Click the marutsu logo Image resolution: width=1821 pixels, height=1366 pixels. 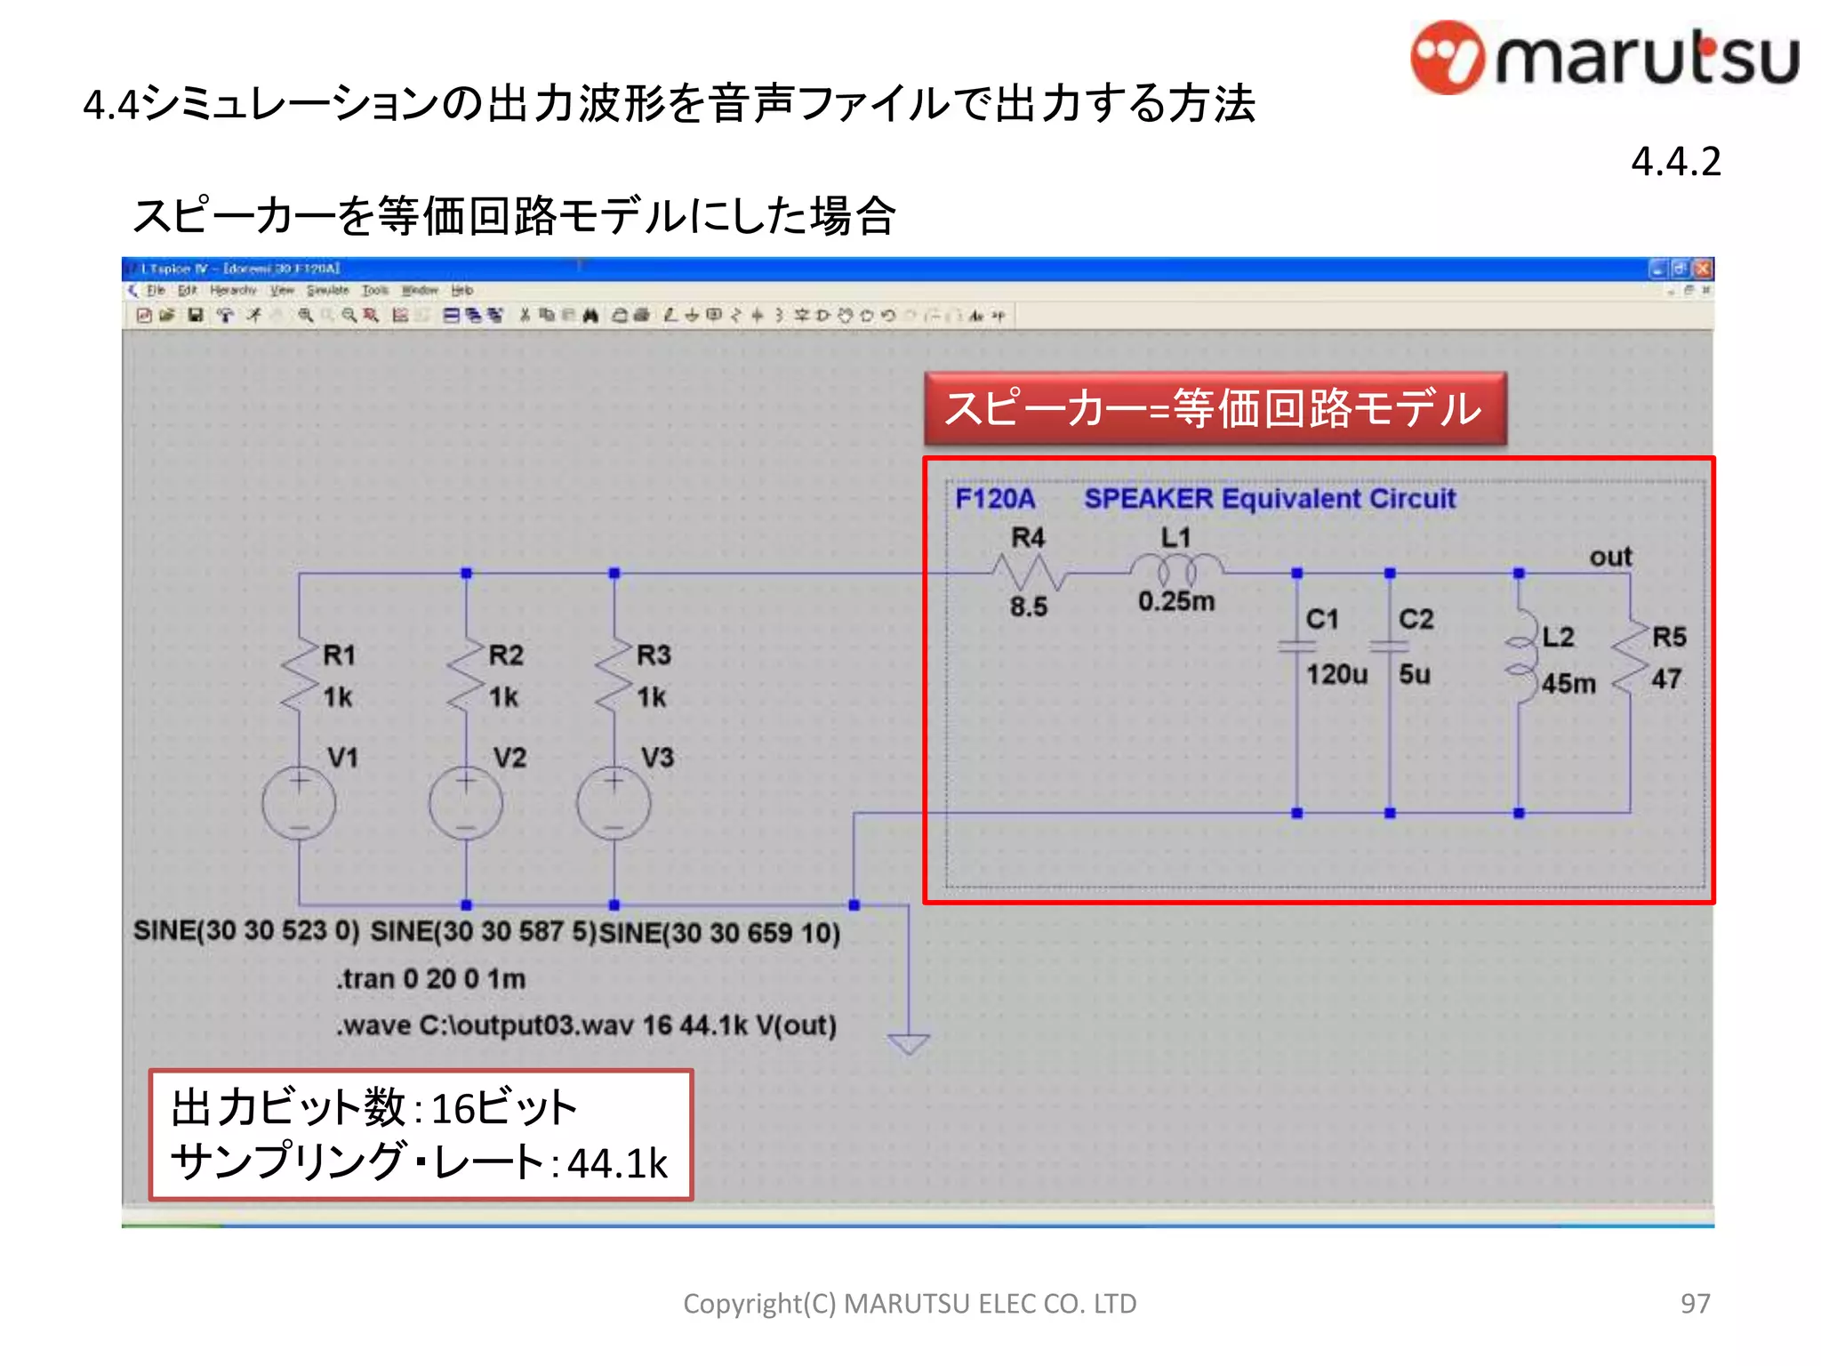tap(1604, 58)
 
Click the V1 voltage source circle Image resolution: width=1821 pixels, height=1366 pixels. tap(299, 804)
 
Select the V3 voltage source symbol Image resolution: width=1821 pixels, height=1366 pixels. tap(614, 804)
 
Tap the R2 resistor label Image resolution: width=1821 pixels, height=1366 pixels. tap(506, 655)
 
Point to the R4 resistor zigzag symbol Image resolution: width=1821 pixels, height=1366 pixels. tap(1029, 573)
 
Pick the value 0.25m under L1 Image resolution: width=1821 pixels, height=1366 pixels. tap(1175, 602)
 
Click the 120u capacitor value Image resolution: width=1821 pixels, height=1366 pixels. tap(1336, 675)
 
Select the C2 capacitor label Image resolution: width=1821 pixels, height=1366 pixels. tap(1416, 619)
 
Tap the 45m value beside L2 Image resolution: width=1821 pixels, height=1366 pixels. tap(1568, 684)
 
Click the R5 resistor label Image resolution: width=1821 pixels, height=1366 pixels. tap(1669, 637)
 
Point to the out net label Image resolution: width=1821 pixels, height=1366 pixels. tap(1610, 558)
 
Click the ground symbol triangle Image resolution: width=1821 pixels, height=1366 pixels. tap(909, 1043)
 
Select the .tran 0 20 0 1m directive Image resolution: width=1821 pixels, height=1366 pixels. tap(431, 979)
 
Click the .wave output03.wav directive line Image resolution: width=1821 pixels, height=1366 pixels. tap(587, 1025)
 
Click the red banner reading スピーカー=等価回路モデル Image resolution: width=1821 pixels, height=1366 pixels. tap(1215, 409)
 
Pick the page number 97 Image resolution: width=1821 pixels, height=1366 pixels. tap(1695, 1304)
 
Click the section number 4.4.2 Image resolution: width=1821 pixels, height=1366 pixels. tap(1675, 162)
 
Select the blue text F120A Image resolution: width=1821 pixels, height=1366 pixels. tap(995, 499)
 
